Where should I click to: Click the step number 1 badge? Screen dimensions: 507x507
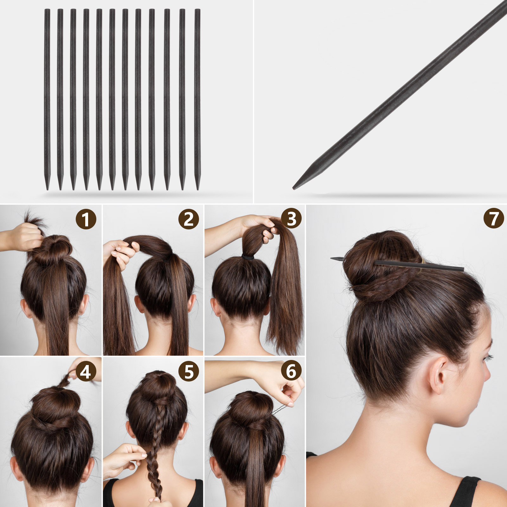tap(86, 219)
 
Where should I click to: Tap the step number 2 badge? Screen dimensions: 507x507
tap(189, 219)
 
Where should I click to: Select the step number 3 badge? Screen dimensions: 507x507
tap(291, 219)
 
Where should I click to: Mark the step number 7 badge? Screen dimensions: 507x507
tap(493, 219)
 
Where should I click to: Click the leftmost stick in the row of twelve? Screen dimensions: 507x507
tap(47, 99)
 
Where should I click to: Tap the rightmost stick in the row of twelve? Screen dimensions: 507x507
tap(197, 99)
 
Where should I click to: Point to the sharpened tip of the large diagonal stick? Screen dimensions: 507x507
tap(294, 188)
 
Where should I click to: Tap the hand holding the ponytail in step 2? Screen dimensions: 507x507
tap(122, 252)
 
